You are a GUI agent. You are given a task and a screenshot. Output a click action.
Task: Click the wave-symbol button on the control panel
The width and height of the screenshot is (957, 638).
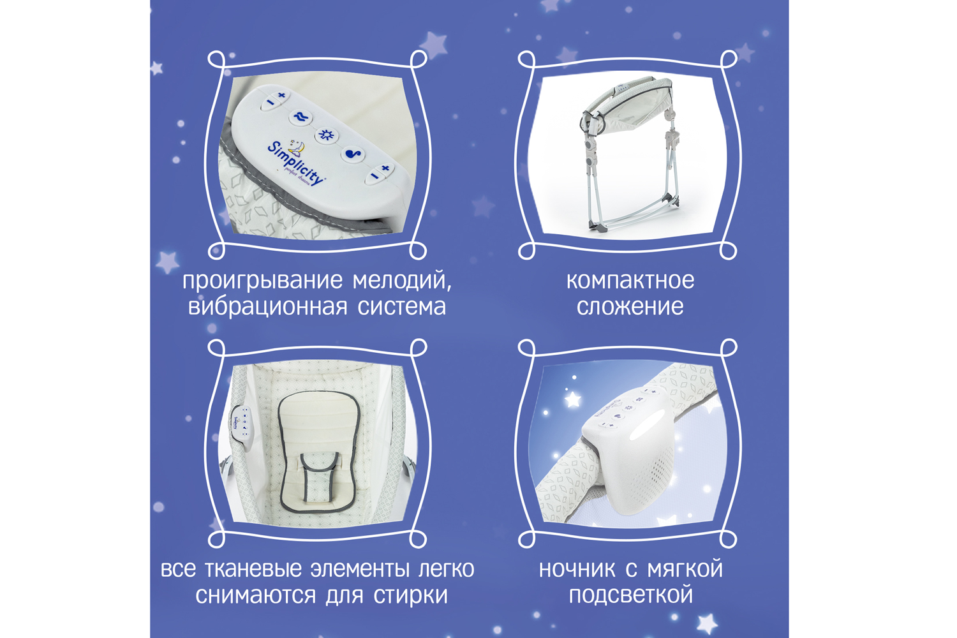point(300,117)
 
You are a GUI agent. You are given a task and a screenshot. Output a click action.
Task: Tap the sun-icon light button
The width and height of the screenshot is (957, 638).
point(327,135)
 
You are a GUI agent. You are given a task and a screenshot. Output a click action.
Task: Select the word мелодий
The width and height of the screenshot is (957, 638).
point(402,281)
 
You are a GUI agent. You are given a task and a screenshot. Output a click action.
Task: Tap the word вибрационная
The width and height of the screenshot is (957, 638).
point(268,307)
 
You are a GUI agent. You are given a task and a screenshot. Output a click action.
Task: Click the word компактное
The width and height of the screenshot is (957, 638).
point(630,281)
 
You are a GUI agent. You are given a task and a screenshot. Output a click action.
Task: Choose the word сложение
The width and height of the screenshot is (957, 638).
point(630,307)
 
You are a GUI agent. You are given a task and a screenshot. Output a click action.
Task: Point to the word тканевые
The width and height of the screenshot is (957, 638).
point(253,570)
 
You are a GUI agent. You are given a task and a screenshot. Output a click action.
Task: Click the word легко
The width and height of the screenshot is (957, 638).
point(446,570)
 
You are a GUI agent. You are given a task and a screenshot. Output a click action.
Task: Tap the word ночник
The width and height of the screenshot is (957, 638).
point(577,570)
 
